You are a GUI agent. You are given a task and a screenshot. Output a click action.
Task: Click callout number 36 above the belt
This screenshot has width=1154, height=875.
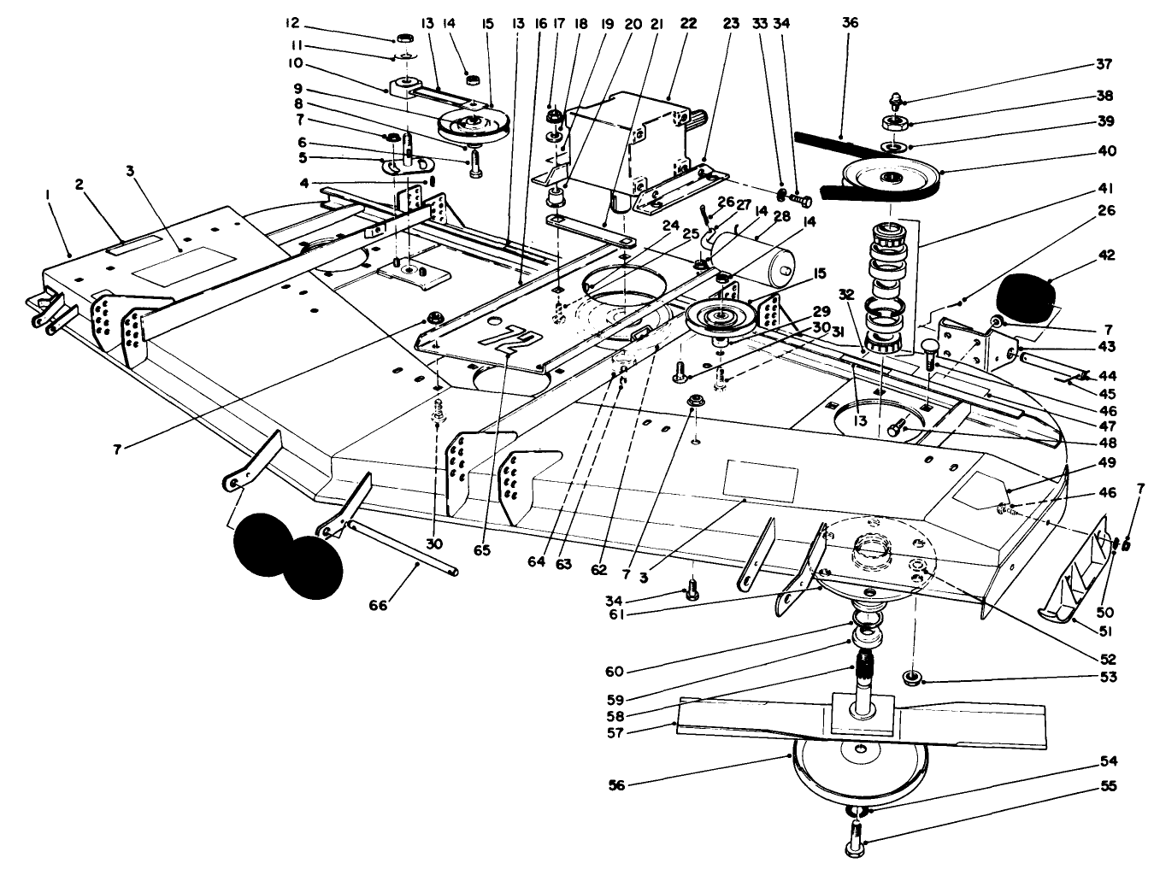849,24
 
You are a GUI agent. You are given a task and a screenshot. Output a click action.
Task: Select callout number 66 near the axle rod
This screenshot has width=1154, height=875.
378,605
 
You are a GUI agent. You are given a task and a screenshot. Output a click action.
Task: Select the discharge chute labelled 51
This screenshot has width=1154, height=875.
1079,581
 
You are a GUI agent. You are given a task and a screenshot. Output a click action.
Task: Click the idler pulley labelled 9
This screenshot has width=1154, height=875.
468,124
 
